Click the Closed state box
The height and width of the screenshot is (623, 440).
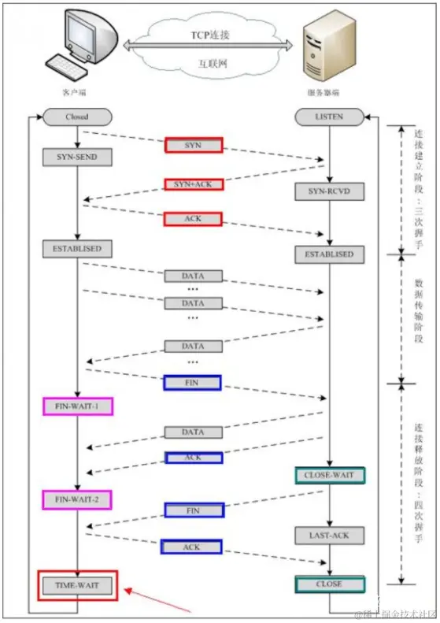pos(77,117)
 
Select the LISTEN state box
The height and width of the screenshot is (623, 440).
pos(330,117)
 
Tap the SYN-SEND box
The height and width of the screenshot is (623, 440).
pos(77,157)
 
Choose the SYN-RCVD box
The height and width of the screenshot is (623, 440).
pos(330,191)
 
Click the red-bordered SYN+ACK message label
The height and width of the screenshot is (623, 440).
pos(194,184)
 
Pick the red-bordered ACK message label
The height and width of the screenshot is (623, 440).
pos(194,218)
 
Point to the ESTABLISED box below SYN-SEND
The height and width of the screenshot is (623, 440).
pos(77,248)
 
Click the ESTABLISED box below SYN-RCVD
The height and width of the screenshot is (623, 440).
pos(330,254)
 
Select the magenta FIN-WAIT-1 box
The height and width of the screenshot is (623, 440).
pos(77,406)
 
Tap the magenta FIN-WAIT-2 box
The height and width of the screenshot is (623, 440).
pos(77,499)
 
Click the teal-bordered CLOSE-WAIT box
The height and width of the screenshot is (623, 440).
pos(330,476)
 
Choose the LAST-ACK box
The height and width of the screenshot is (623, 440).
pos(330,536)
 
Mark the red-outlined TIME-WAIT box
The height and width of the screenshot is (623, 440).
pos(77,586)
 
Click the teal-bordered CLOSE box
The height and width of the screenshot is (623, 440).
pos(330,584)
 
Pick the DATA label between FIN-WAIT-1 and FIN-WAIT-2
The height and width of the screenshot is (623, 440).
pos(194,432)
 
